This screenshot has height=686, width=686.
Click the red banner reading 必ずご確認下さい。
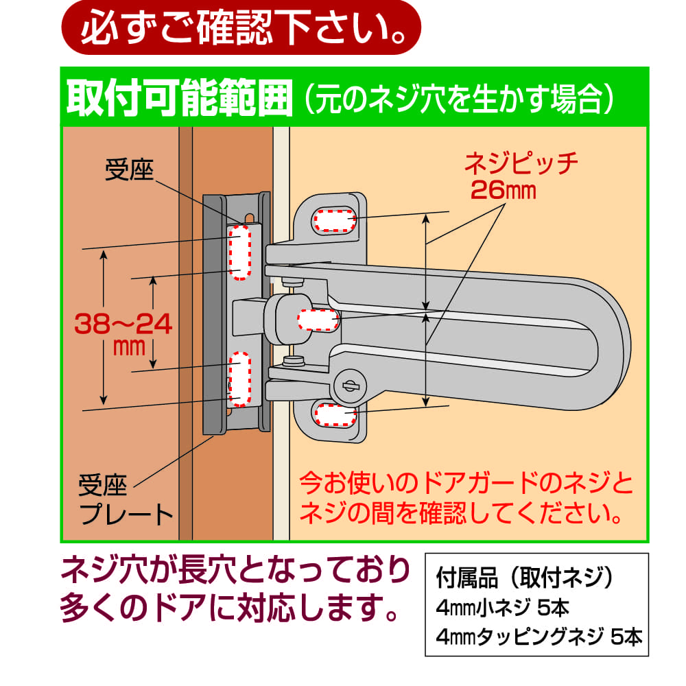click(241, 27)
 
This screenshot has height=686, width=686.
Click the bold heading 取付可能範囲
click(179, 97)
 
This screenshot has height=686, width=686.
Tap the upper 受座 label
click(129, 169)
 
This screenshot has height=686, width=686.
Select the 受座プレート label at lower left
click(126, 499)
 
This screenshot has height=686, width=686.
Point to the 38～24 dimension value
click(123, 324)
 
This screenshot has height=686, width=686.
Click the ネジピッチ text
click(521, 164)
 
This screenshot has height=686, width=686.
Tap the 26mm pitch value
click(503, 190)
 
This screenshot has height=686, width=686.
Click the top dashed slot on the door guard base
click(334, 220)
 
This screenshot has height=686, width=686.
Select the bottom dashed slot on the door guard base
click(335, 414)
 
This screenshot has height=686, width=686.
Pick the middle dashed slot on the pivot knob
click(318, 320)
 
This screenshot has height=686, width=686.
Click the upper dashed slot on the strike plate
click(239, 252)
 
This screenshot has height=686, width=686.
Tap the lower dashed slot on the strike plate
click(239, 379)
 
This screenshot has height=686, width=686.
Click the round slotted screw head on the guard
click(348, 386)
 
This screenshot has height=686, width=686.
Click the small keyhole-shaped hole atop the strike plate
click(250, 218)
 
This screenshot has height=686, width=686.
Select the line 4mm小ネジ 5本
click(503, 607)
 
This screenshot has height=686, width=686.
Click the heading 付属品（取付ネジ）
click(525, 578)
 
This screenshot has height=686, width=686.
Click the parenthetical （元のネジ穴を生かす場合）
click(459, 98)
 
